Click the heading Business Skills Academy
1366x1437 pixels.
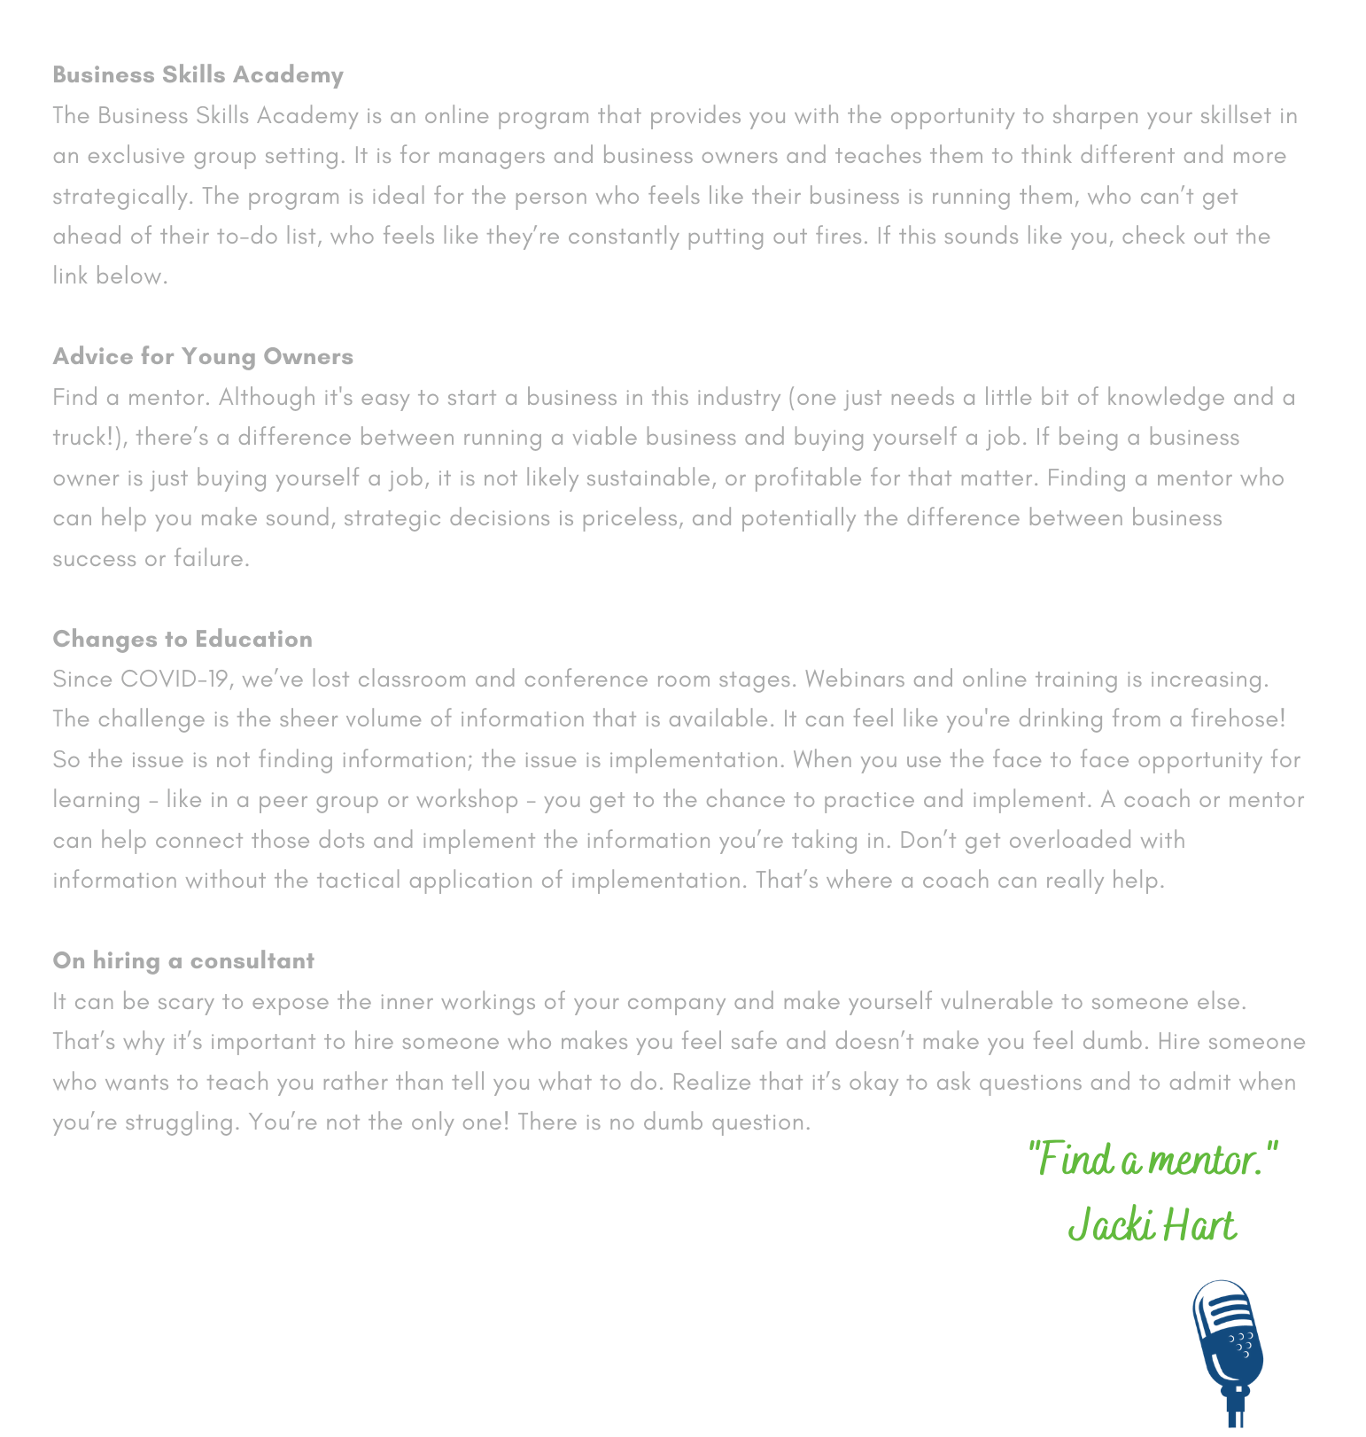coord(198,74)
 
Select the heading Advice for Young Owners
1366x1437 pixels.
coord(203,356)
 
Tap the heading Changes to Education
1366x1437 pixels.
coord(182,639)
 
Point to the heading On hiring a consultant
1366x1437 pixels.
coord(183,960)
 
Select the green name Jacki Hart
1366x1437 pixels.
coord(1152,1226)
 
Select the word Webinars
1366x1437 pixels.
coord(855,680)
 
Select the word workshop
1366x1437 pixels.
coord(467,800)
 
